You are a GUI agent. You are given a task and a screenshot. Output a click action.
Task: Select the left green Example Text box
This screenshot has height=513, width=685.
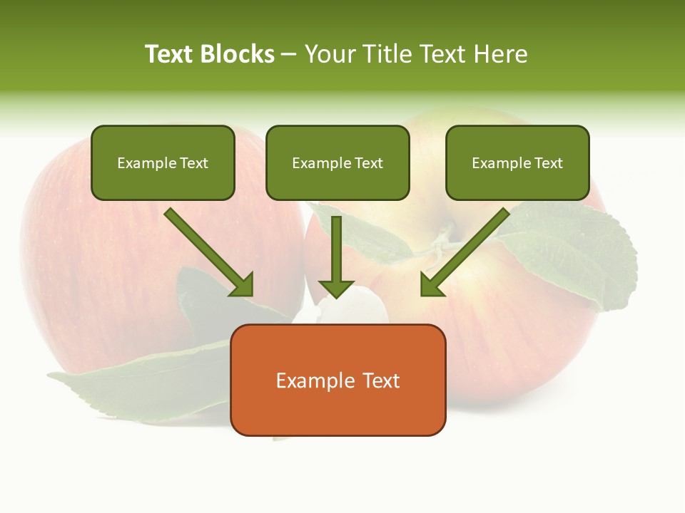[x=163, y=163]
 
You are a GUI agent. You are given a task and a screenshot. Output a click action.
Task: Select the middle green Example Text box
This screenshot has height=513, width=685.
[x=338, y=163]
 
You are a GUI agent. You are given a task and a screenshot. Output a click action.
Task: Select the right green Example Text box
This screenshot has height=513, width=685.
[x=517, y=163]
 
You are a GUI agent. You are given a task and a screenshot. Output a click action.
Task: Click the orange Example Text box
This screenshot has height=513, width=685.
[x=338, y=380]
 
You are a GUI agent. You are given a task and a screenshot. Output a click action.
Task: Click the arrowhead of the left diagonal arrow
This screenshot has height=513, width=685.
[x=243, y=285]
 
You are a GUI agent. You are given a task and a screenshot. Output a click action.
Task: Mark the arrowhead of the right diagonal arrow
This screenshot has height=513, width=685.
[x=432, y=284]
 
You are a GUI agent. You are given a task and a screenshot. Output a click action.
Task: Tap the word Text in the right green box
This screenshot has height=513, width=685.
[x=548, y=163]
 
